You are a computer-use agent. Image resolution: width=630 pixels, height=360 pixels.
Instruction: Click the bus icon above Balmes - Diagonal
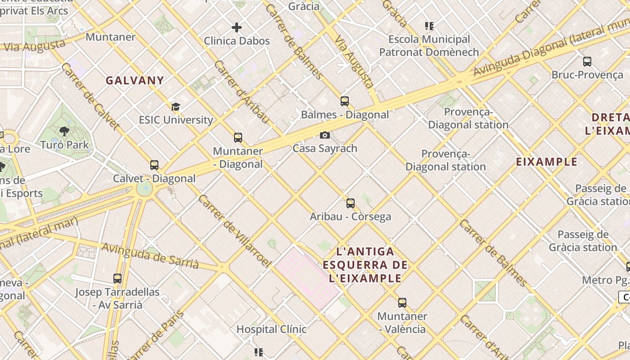pos(345,101)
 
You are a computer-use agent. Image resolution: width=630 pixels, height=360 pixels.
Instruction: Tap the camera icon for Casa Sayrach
pos(324,135)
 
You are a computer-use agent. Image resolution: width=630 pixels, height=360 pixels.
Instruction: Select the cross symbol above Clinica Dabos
pos(237,27)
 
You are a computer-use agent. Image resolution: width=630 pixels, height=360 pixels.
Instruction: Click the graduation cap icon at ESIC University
pos(175,107)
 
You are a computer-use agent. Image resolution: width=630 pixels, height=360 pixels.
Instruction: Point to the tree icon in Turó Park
pos(64,131)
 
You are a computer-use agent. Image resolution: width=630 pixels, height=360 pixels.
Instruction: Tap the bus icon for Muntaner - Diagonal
pos(238,138)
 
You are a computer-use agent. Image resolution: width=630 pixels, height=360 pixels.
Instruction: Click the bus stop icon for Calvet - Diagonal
pos(154,165)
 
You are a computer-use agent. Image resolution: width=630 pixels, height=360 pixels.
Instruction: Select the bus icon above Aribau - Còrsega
pos(351,203)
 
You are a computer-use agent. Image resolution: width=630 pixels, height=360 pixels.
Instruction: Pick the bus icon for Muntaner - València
pos(402,303)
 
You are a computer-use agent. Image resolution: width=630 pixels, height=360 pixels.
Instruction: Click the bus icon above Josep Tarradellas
pos(117,279)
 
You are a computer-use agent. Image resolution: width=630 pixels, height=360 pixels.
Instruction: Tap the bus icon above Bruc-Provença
pos(587,62)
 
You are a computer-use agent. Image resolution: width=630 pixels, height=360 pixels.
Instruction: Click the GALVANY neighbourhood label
pos(135,81)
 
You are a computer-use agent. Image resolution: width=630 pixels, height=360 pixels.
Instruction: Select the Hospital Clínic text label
pos(271,329)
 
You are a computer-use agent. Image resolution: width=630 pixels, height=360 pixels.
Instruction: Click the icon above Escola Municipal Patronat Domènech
pos(429,26)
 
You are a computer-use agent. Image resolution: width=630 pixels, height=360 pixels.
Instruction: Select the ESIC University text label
pos(175,120)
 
